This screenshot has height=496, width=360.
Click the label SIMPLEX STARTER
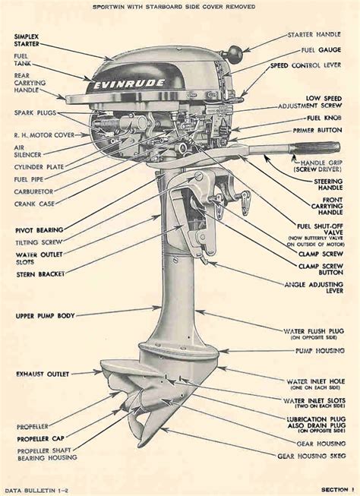33,41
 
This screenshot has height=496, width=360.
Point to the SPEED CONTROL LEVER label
313,66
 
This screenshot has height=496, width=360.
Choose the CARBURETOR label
33,191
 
